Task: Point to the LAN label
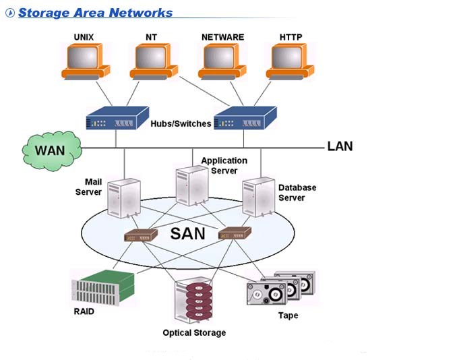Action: coord(340,146)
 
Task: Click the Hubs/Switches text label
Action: coord(181,123)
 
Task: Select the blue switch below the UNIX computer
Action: coord(117,119)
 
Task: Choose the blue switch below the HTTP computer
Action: coord(244,119)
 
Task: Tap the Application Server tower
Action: coord(191,185)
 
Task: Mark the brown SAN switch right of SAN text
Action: coord(235,233)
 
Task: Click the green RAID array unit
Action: coord(99,286)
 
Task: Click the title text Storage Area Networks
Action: coord(95,13)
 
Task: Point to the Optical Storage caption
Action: coord(194,332)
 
